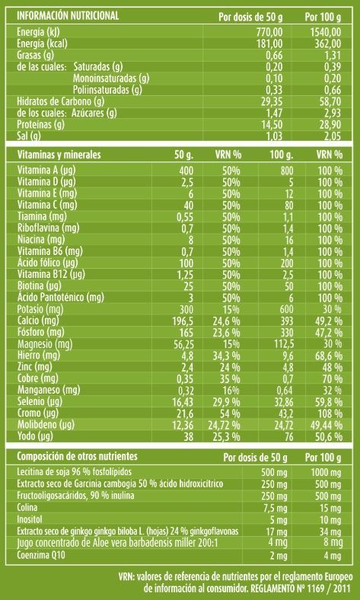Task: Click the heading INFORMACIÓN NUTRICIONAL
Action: tap(68, 16)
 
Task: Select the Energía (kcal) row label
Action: tap(42, 44)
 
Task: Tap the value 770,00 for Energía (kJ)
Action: tap(269, 33)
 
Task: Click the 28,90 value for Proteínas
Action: tap(330, 126)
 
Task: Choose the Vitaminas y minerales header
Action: tap(59, 155)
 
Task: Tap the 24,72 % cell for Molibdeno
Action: tap(225, 425)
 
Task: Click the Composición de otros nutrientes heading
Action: tap(78, 457)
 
